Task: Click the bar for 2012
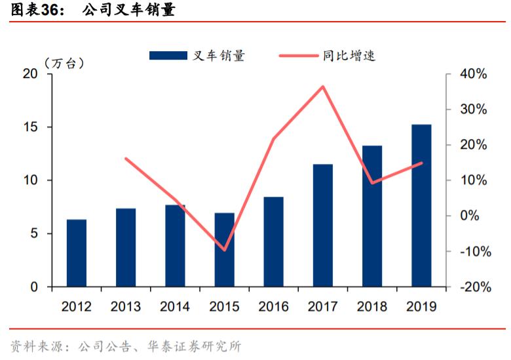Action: [77, 253]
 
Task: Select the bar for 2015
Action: [224, 250]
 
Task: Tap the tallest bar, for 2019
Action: [421, 206]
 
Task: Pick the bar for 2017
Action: [323, 226]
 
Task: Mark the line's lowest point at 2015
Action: [224, 250]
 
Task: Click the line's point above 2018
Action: [372, 183]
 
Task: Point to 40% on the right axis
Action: [473, 74]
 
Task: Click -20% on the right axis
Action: [473, 287]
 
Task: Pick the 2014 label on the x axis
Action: [175, 306]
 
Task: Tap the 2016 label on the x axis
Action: [274, 306]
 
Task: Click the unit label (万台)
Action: [64, 63]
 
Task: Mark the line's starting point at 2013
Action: [126, 159]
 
